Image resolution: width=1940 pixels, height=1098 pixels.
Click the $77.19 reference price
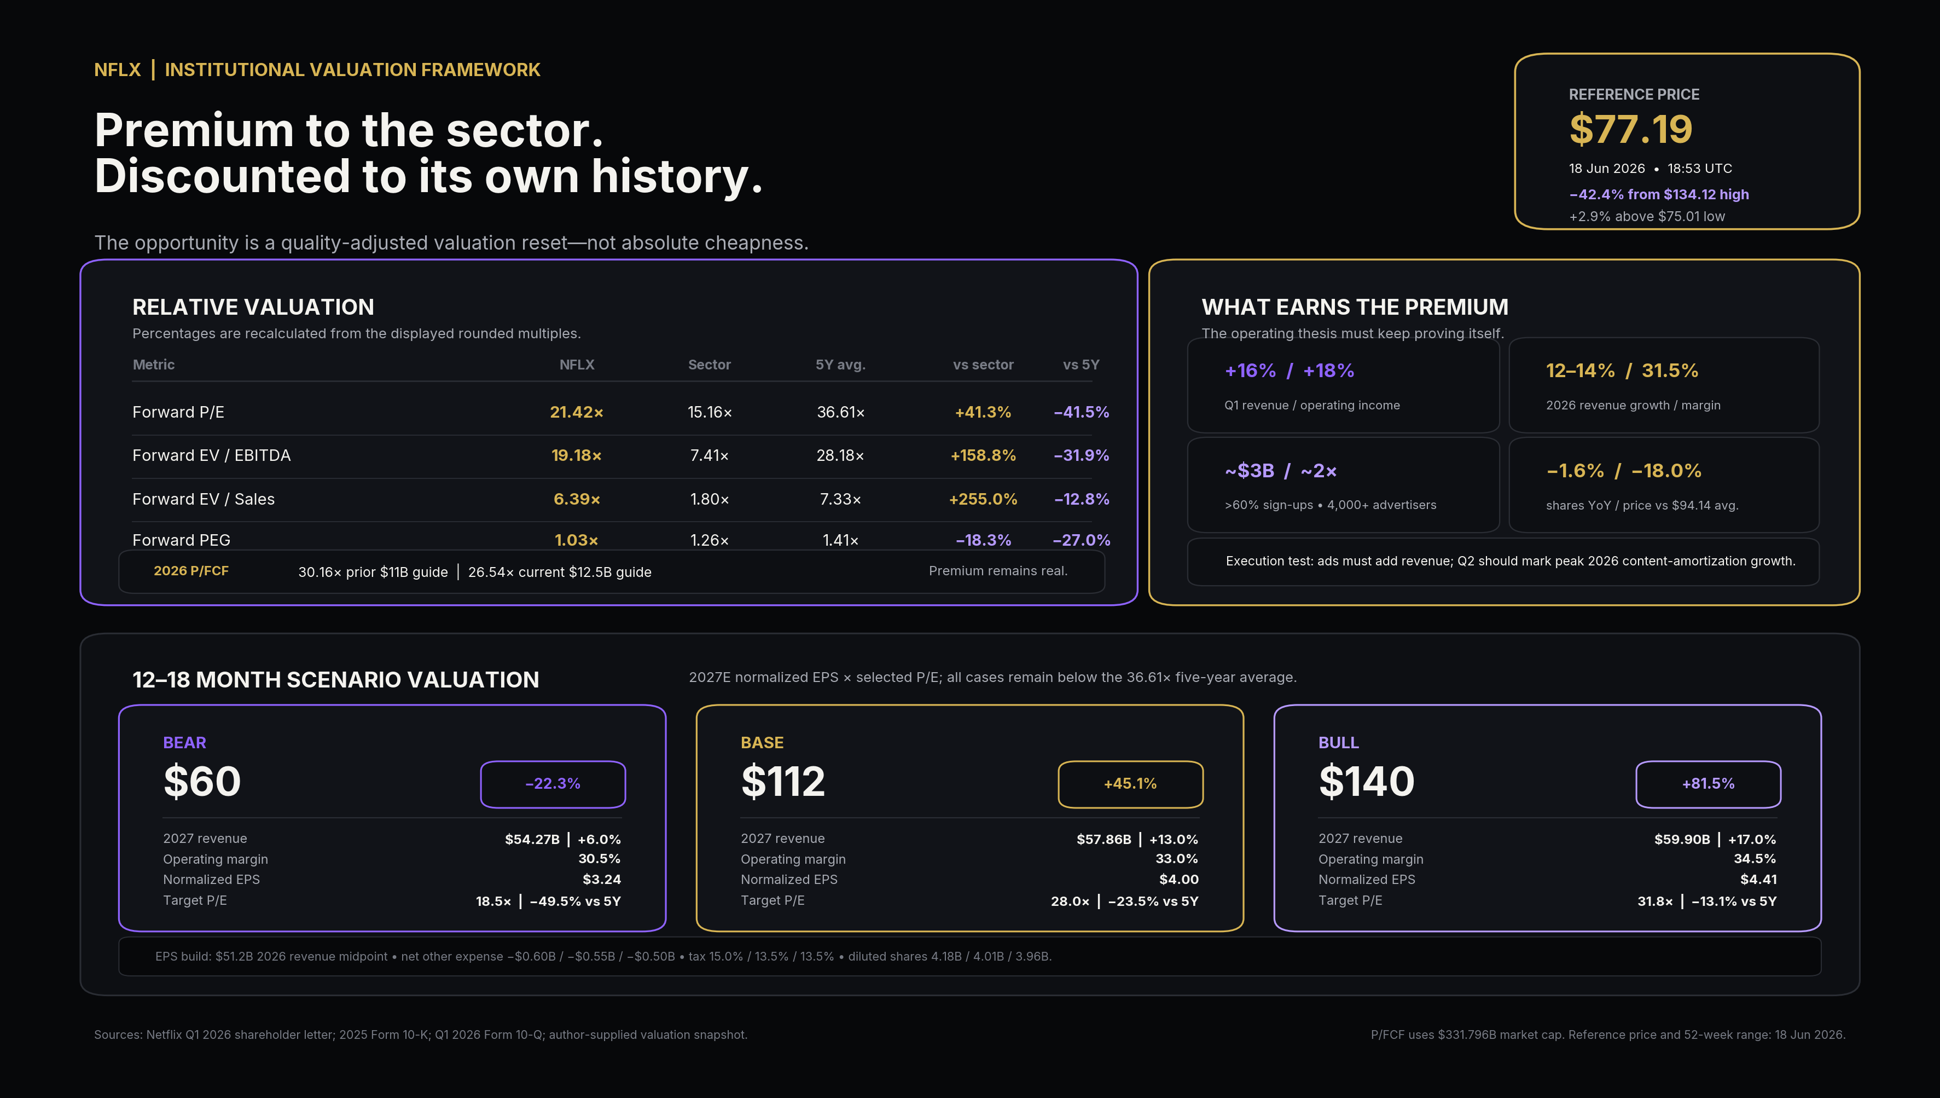tap(1630, 129)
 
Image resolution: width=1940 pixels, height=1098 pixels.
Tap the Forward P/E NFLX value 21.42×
tap(577, 412)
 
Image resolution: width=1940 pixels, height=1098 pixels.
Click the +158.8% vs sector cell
tap(983, 455)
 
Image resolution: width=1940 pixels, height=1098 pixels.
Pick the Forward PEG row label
tap(181, 540)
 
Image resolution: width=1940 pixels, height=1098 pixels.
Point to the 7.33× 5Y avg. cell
tap(840, 499)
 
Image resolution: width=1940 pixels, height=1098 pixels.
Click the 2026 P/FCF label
tap(191, 571)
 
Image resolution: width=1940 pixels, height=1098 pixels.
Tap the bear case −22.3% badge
tap(553, 783)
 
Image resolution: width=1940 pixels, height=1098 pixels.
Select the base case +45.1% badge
tap(1130, 783)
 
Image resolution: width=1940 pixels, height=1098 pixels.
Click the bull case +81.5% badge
tap(1708, 783)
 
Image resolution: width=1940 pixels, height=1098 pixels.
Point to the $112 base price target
tap(783, 781)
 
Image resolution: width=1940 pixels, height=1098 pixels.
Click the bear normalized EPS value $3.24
tap(601, 879)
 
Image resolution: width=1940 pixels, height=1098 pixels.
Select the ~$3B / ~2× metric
tap(1281, 471)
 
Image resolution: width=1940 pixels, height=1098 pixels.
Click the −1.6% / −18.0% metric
tap(1623, 471)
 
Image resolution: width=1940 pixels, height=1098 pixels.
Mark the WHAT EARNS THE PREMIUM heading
tap(1355, 307)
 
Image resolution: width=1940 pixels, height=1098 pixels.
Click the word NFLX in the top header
tap(118, 70)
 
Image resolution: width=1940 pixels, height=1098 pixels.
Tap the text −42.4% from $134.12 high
tap(1659, 194)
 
